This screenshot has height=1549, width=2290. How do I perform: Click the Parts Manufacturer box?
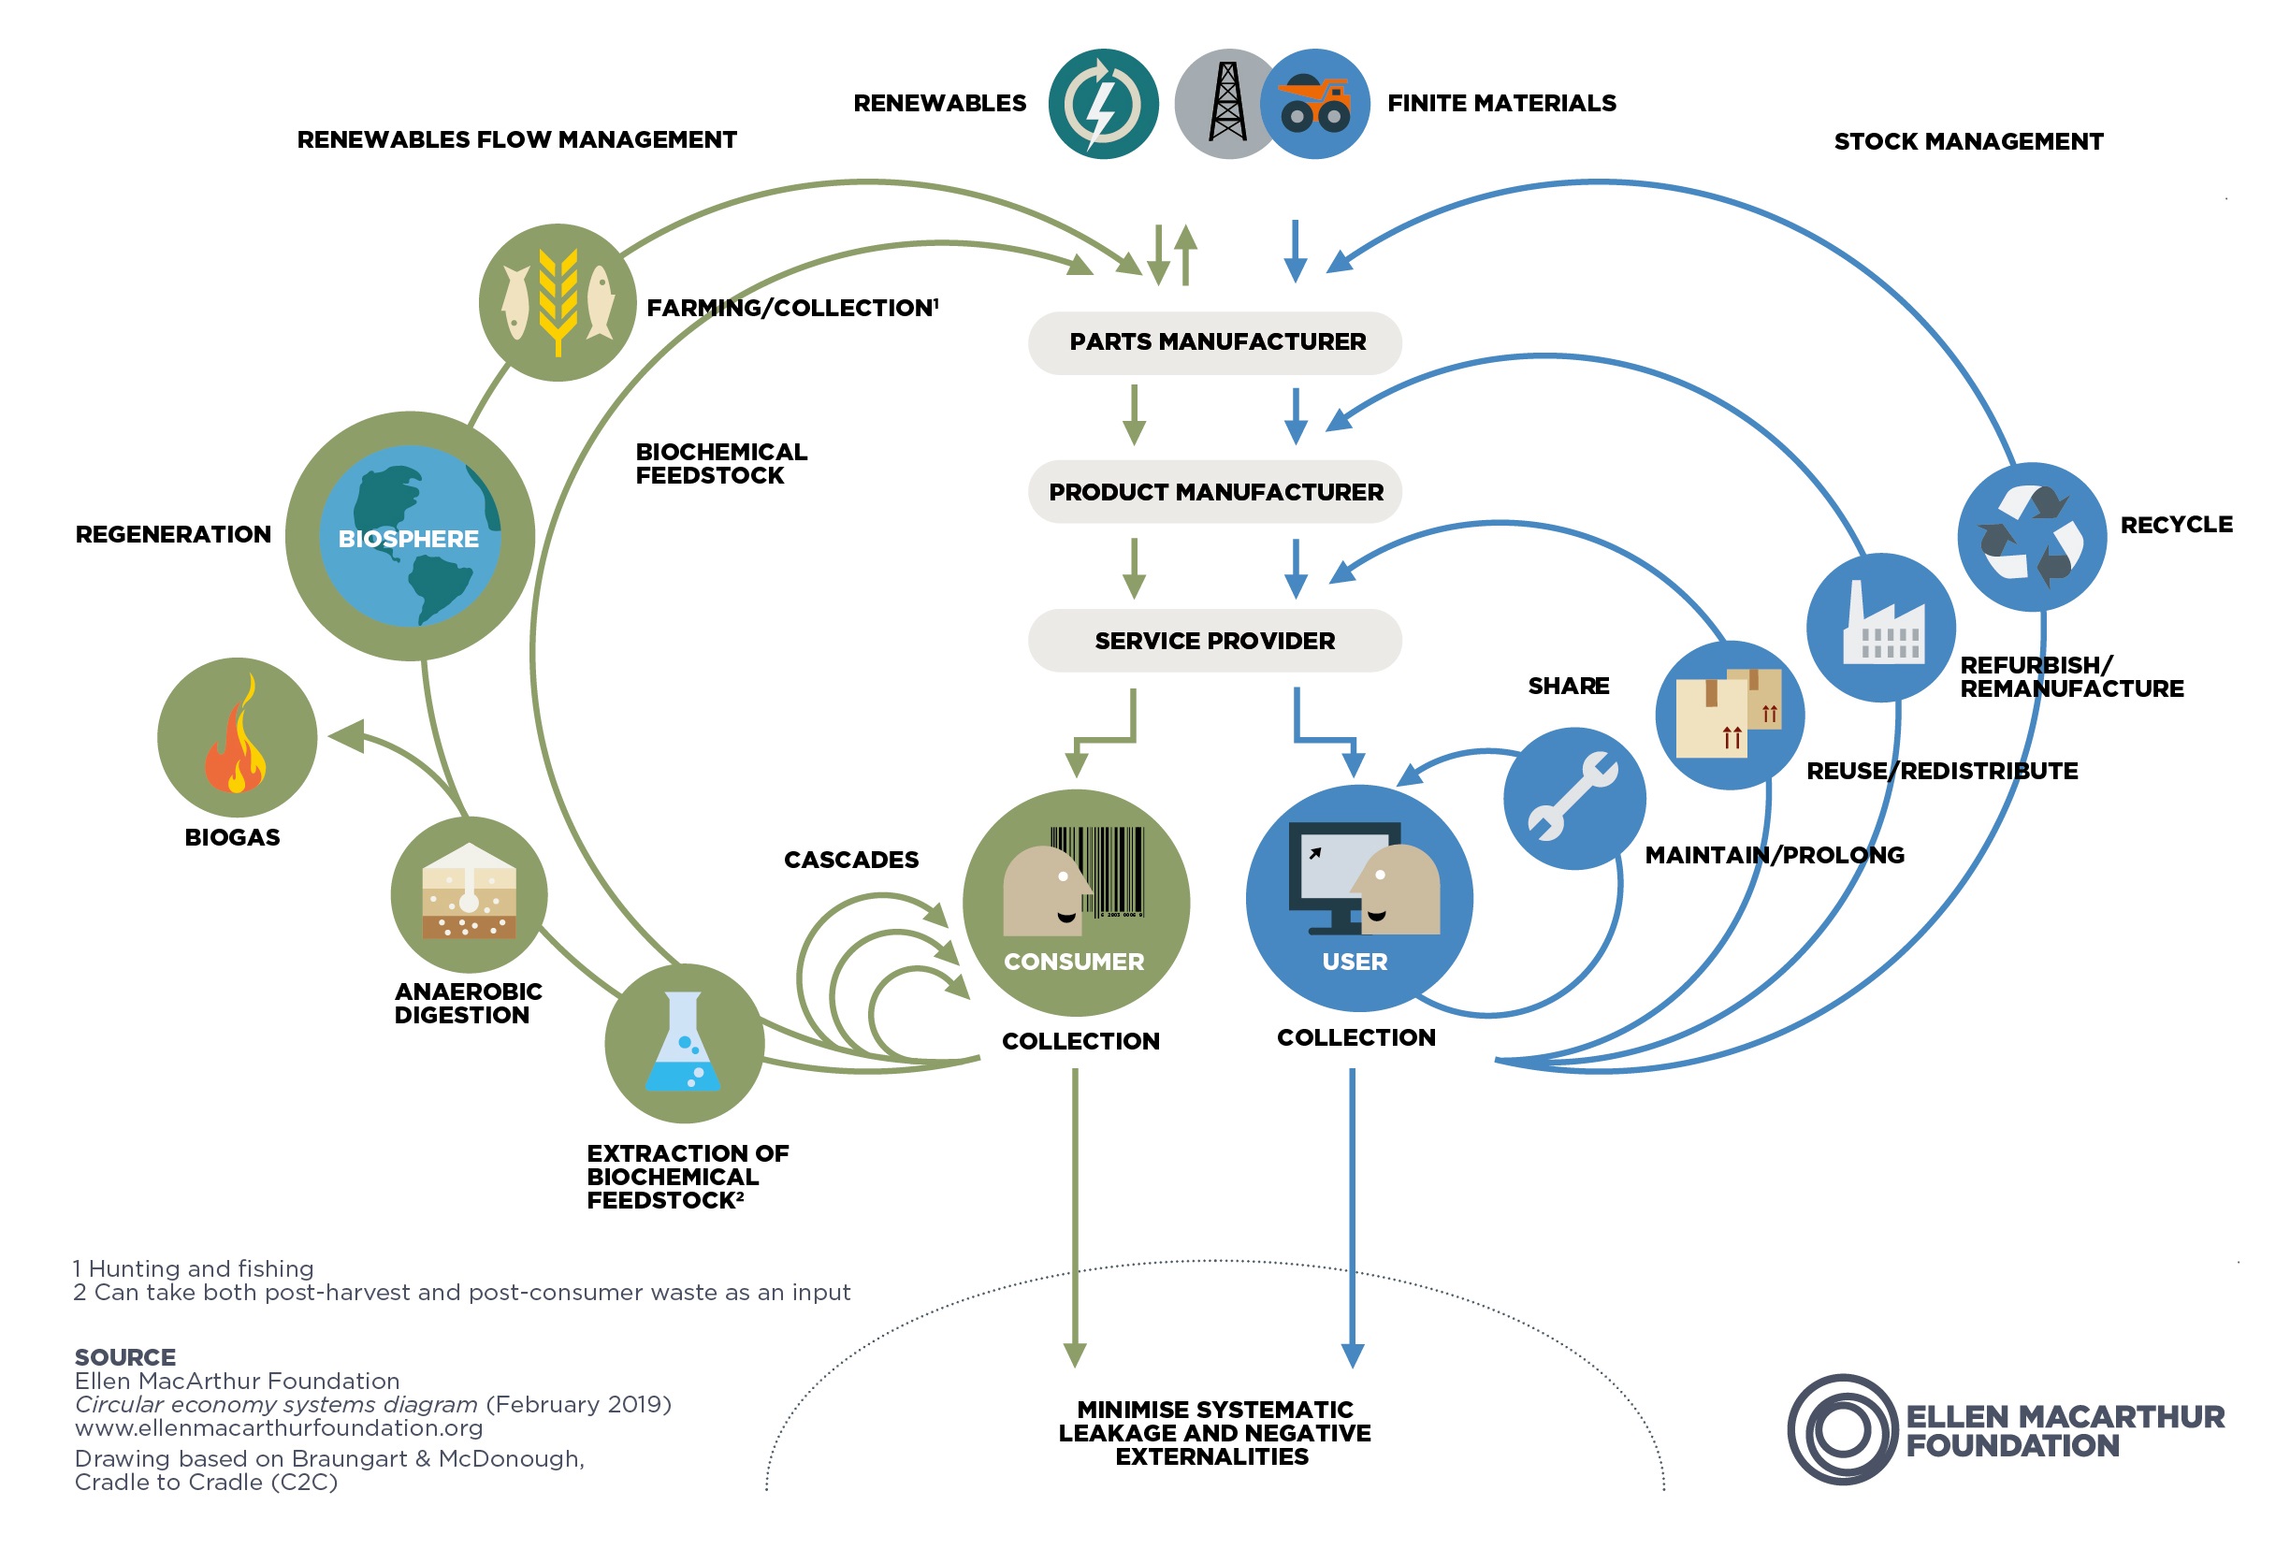pos(1214,342)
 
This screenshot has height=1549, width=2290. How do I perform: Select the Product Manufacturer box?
pos(1214,491)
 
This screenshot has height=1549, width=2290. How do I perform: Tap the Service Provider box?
pos(1214,641)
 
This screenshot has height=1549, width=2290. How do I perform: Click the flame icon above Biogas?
pos(237,737)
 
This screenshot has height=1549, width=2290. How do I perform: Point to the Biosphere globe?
pos(410,536)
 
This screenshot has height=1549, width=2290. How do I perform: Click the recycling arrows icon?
pos(2031,536)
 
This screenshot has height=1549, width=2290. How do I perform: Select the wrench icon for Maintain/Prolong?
pos(1573,797)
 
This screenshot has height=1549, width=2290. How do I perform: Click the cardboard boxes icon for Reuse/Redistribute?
pos(1730,715)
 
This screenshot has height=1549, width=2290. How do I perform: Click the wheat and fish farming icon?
pos(558,301)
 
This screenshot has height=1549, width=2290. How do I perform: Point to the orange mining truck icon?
pos(1315,104)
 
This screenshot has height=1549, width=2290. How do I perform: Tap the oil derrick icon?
pos(1226,104)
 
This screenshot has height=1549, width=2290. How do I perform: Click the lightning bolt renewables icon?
pos(1103,104)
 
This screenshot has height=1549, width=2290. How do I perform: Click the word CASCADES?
pos(850,860)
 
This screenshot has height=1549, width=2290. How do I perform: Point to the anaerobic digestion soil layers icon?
pos(469,893)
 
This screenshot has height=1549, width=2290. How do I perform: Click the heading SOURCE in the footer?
pos(125,1357)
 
